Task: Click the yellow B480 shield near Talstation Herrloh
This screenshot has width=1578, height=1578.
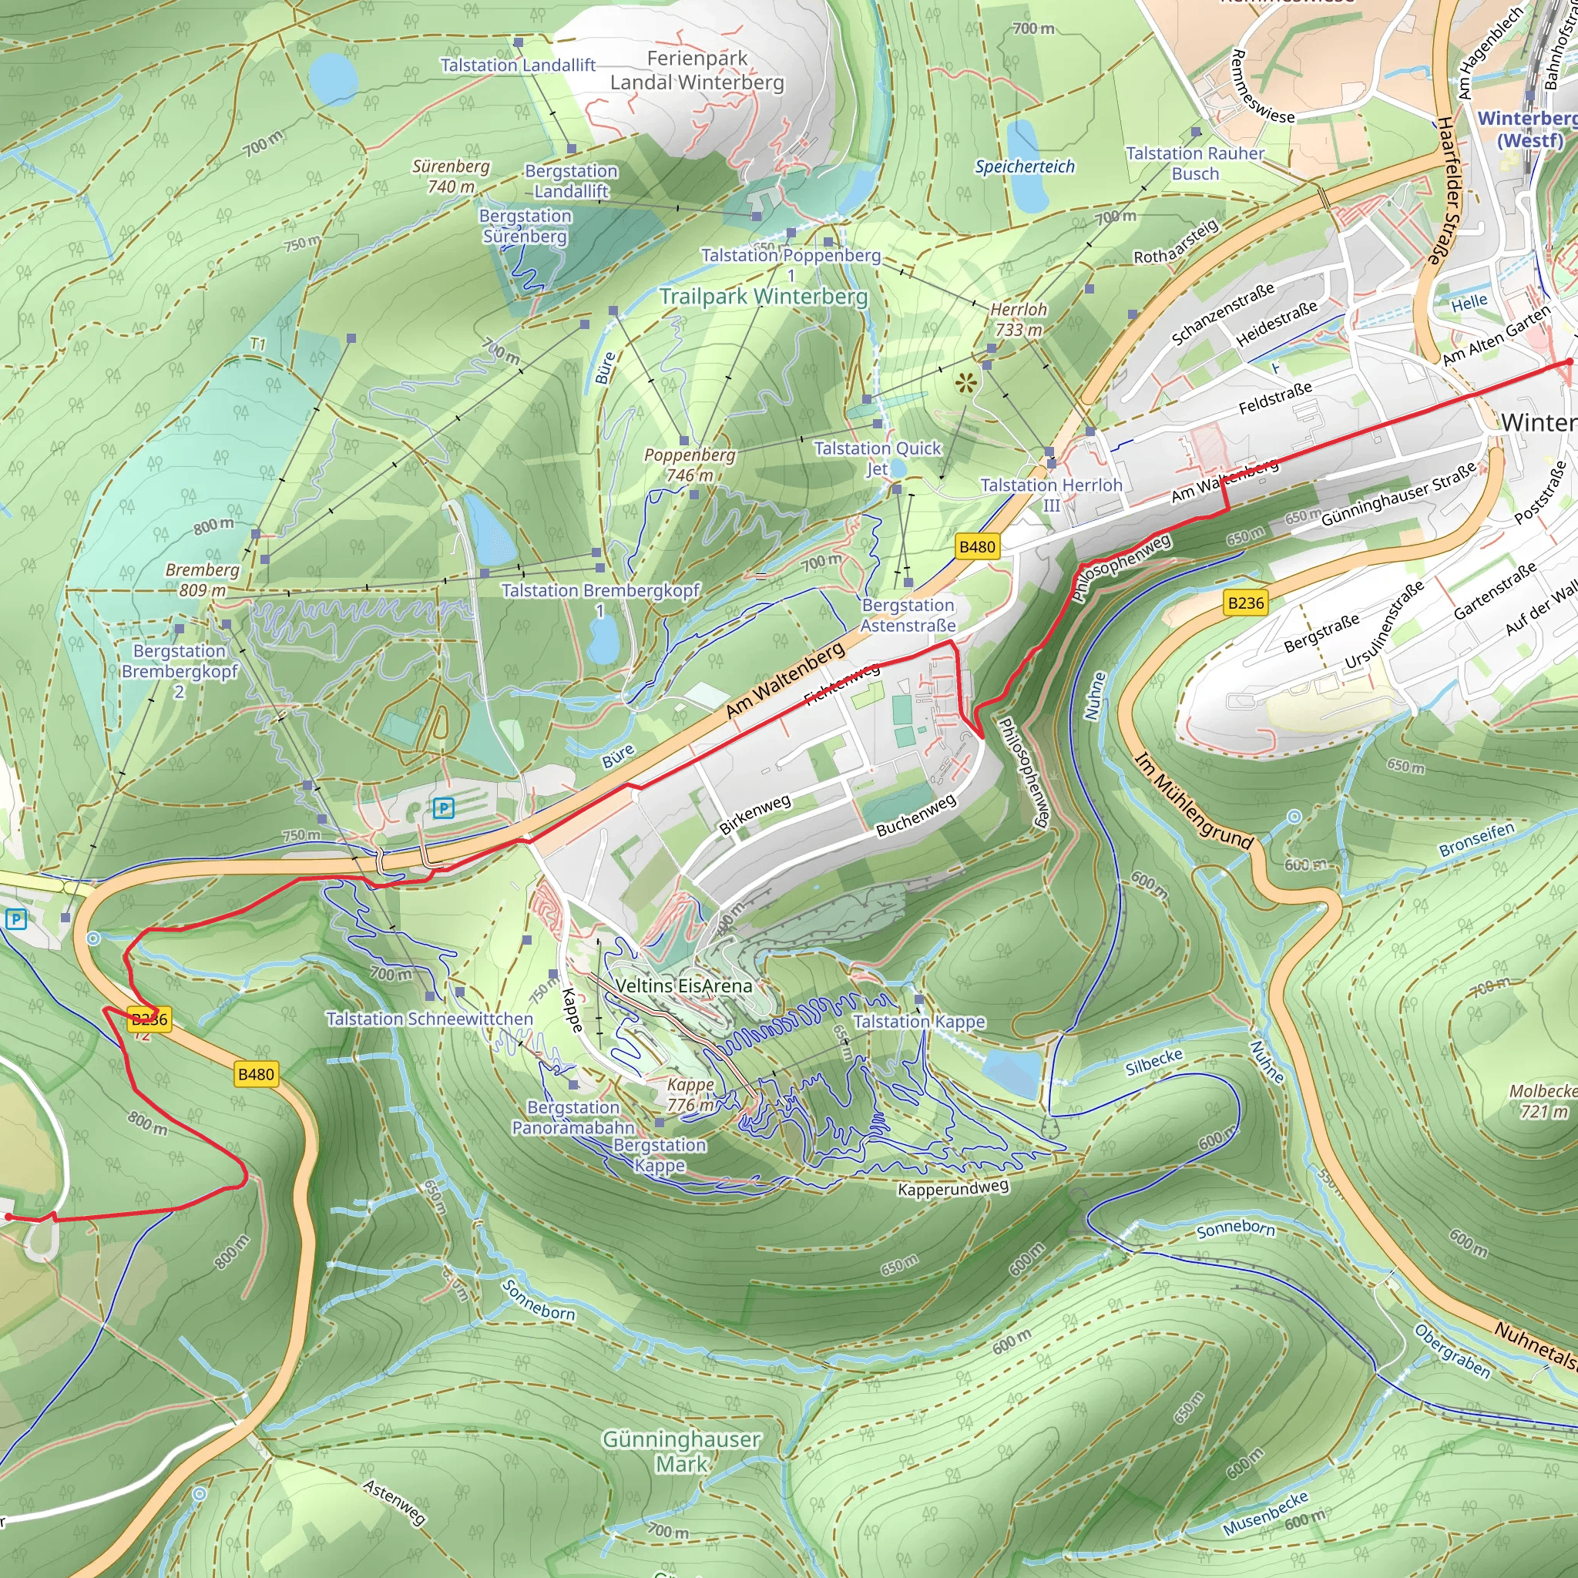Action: pyautogui.click(x=977, y=546)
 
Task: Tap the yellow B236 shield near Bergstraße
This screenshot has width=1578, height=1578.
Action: pyautogui.click(x=1246, y=603)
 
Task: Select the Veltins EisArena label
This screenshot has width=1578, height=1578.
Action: pyautogui.click(x=683, y=985)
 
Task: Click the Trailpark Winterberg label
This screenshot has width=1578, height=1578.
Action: pyautogui.click(x=763, y=296)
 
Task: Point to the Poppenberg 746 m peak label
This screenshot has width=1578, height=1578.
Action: pyautogui.click(x=690, y=465)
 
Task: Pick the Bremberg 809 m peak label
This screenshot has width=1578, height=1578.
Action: pyautogui.click(x=203, y=580)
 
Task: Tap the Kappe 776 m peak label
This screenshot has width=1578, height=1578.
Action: pyautogui.click(x=690, y=1094)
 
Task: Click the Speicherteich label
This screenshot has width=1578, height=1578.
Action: pyautogui.click(x=1024, y=166)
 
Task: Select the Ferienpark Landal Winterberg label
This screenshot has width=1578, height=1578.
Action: pyautogui.click(x=697, y=70)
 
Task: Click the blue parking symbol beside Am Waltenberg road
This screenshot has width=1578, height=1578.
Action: pyautogui.click(x=444, y=807)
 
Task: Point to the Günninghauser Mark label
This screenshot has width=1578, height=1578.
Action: pyautogui.click(x=681, y=1452)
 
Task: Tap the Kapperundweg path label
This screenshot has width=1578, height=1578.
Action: pyautogui.click(x=953, y=1187)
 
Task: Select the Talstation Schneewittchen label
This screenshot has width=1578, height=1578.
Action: pyautogui.click(x=429, y=1019)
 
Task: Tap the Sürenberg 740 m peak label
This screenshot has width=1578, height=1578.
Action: pyautogui.click(x=451, y=176)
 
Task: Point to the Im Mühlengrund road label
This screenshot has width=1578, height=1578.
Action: pyautogui.click(x=1194, y=800)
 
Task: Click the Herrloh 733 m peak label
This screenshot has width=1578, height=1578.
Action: pyautogui.click(x=1018, y=319)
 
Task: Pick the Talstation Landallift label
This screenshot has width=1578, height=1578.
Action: pyautogui.click(x=518, y=65)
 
